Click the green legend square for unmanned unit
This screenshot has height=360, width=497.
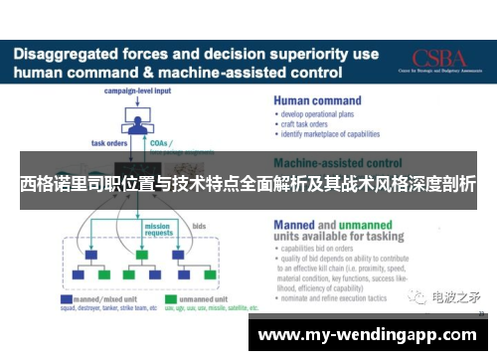170,297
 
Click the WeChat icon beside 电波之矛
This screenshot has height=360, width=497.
418,296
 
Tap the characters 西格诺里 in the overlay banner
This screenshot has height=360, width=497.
49,185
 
